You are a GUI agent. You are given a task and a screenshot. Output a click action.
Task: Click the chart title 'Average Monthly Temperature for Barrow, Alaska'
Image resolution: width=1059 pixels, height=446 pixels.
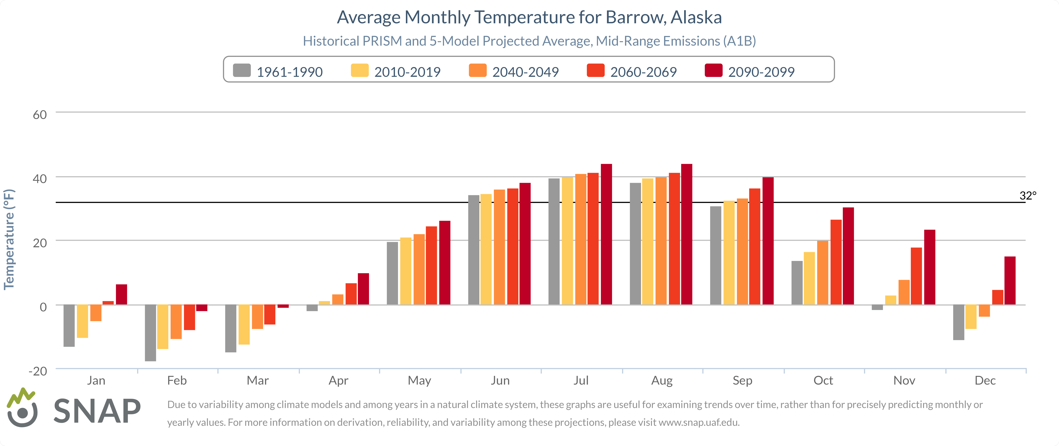[529, 17]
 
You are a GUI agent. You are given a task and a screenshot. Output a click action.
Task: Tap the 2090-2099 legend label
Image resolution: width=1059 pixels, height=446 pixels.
[761, 72]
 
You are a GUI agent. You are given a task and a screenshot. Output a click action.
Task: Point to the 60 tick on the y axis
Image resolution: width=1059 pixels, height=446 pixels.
[40, 115]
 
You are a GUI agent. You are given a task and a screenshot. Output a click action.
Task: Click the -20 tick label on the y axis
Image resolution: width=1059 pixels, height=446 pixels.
[38, 371]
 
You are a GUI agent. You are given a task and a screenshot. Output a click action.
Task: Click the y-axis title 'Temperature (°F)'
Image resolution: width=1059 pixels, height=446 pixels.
[9, 239]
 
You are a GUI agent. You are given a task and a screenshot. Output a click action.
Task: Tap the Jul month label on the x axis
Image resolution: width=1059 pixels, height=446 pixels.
[581, 381]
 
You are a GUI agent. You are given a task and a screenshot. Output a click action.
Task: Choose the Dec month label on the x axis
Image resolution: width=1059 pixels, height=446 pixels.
[985, 381]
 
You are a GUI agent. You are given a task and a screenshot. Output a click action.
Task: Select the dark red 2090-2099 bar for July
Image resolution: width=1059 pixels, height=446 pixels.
[606, 234]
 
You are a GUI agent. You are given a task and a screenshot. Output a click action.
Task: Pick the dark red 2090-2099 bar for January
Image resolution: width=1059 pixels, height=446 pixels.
[121, 294]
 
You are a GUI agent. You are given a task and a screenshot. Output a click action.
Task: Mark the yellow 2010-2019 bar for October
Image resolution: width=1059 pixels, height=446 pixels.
[809, 278]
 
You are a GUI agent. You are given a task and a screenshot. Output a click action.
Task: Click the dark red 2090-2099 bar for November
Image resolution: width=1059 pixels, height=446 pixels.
[930, 267]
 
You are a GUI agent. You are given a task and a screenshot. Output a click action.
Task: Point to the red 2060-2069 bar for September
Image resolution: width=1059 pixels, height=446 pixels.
[754, 247]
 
